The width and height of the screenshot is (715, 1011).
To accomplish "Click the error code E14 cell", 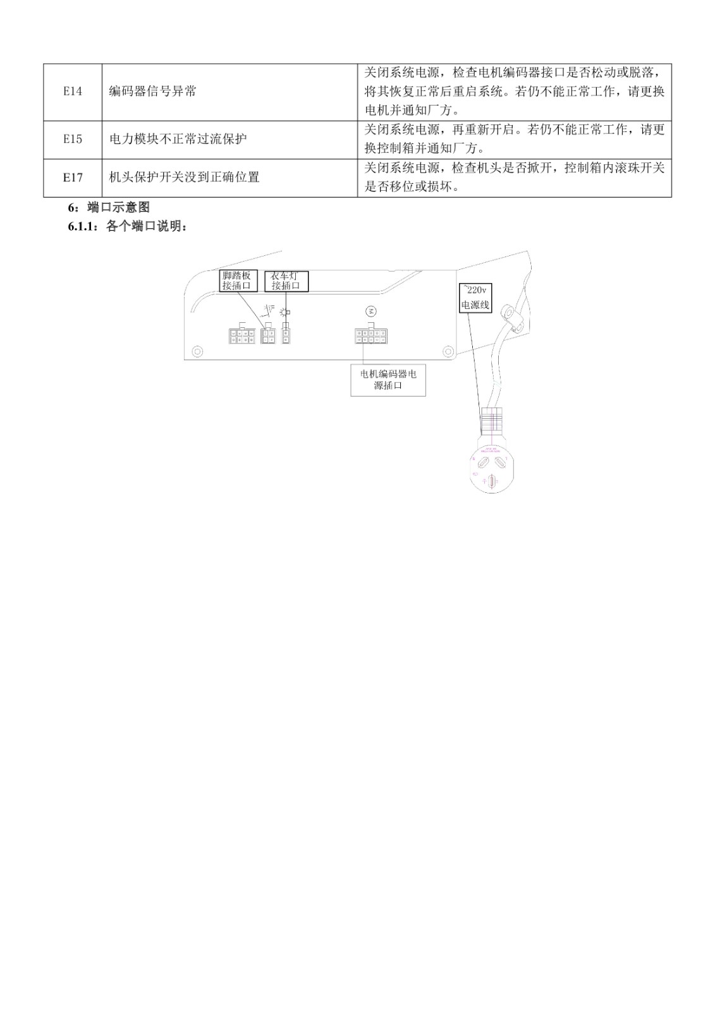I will coord(73,92).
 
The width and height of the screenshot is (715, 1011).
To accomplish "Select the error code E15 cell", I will coord(73,139).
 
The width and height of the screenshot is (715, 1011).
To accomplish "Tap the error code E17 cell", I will coord(73,178).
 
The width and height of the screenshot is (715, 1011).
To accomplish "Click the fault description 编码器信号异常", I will coord(152,92).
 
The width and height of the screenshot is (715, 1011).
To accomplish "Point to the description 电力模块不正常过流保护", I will coord(178,139).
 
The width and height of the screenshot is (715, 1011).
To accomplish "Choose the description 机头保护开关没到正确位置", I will coord(184,178).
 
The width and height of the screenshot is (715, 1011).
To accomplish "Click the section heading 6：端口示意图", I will coord(109,207).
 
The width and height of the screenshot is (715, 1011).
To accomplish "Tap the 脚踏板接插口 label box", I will coord(238,281).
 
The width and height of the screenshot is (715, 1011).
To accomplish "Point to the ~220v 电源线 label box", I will coord(475,298).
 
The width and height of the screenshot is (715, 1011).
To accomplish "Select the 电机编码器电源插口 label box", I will coord(388,380).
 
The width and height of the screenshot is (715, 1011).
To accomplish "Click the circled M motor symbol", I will coord(370,312).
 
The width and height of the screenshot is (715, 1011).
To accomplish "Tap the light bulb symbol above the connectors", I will coord(286,312).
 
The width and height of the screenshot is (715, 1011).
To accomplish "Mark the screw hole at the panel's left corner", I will coord(197,350).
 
